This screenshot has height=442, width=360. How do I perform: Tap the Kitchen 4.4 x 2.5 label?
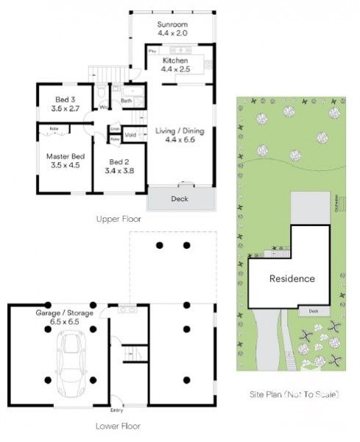(175, 64)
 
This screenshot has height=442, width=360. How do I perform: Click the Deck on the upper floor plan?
(180, 199)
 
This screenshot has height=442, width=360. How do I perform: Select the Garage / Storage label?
(65, 317)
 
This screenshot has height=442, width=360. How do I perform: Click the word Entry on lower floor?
(116, 410)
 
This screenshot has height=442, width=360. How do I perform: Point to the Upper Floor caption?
(118, 220)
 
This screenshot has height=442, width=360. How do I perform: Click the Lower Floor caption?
(117, 426)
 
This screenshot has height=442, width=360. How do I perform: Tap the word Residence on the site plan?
(292, 278)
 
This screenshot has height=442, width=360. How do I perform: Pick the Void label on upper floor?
(130, 135)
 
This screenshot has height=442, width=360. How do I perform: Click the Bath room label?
(126, 101)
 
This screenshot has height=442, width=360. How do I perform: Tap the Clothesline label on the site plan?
(336, 208)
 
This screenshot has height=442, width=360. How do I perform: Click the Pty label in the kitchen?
(152, 52)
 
